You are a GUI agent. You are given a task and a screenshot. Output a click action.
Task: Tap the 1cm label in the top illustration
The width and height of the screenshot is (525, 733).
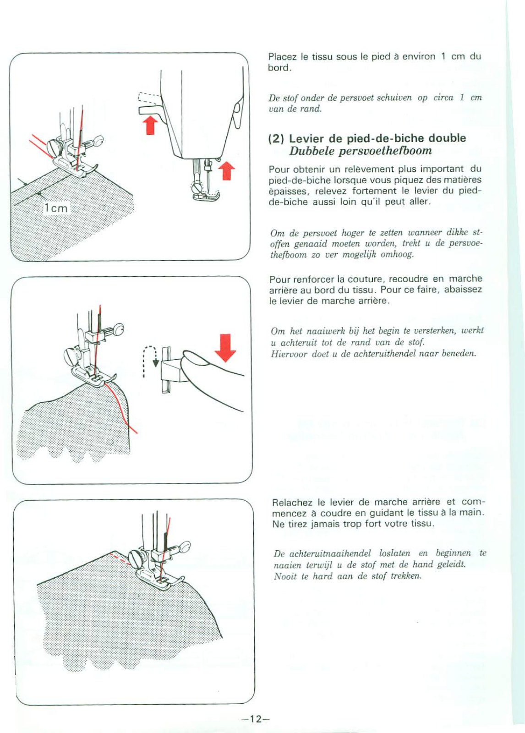pyautogui.click(x=56, y=208)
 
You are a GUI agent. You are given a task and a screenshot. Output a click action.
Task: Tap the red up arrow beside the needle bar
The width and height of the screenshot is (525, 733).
pyautogui.click(x=226, y=171)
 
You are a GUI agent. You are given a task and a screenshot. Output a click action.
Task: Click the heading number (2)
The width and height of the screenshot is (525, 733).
pyautogui.click(x=276, y=139)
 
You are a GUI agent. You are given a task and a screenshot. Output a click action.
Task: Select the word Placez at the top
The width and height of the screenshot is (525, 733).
pyautogui.click(x=282, y=57)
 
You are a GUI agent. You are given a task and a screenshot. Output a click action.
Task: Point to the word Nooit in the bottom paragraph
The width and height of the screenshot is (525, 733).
pyautogui.click(x=285, y=576)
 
